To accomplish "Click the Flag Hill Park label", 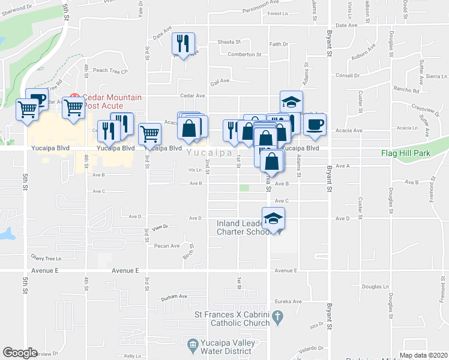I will click(408, 153).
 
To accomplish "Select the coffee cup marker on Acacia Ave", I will click(315, 124).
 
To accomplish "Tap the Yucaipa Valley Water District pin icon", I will click(192, 344).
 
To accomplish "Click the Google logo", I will click(20, 353).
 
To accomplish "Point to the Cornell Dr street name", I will click(348, 76).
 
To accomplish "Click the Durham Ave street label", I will click(175, 296).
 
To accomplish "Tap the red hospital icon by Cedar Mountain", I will click(75, 97).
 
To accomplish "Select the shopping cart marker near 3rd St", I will click(149, 134).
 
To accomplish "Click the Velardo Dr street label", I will click(313, 348).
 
